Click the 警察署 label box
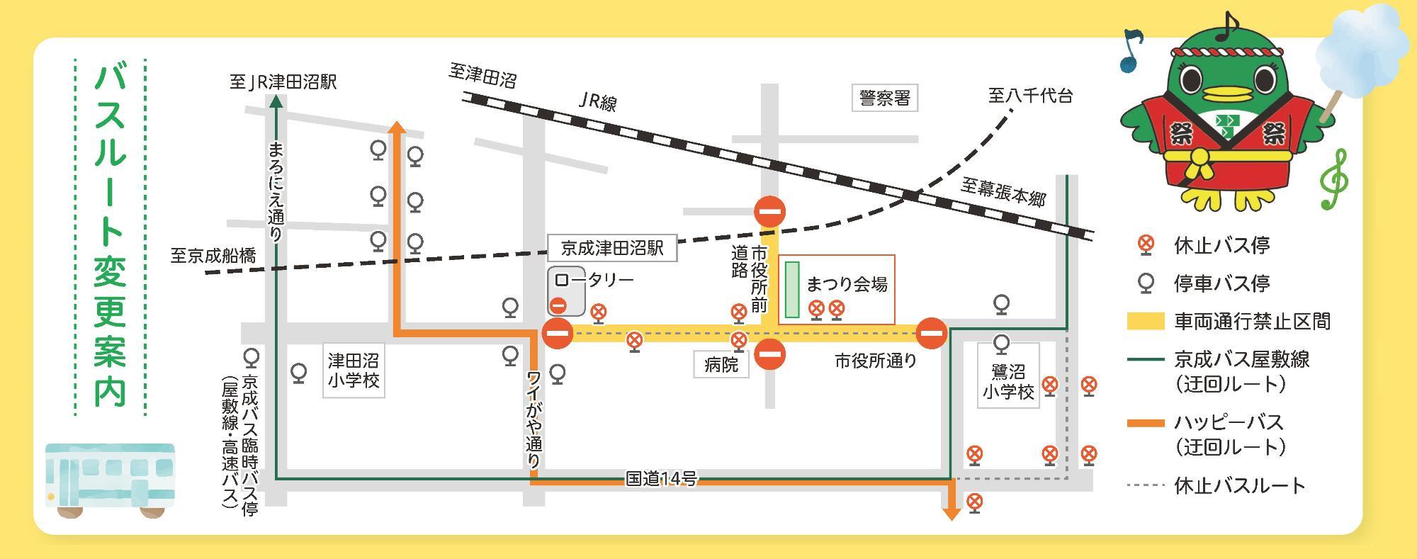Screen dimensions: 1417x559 click(x=884, y=98)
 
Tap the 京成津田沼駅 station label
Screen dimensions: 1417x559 click(x=612, y=248)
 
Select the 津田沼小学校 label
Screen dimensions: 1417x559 click(x=353, y=371)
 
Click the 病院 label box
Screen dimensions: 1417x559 click(x=721, y=364)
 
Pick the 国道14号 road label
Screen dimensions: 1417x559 click(x=661, y=479)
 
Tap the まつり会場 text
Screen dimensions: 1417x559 click(x=847, y=285)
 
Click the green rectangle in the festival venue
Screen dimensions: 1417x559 click(x=792, y=290)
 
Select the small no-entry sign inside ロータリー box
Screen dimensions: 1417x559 click(x=558, y=306)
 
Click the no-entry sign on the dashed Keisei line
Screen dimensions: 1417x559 click(x=770, y=211)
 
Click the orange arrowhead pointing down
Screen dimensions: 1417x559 click(x=951, y=513)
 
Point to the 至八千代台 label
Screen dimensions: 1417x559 click(x=1031, y=96)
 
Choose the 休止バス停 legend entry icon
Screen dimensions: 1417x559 click(x=1145, y=245)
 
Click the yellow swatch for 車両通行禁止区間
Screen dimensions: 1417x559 click(x=1146, y=321)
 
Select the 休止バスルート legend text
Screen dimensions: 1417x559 click(x=1240, y=486)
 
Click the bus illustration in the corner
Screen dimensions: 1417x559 click(x=110, y=480)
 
